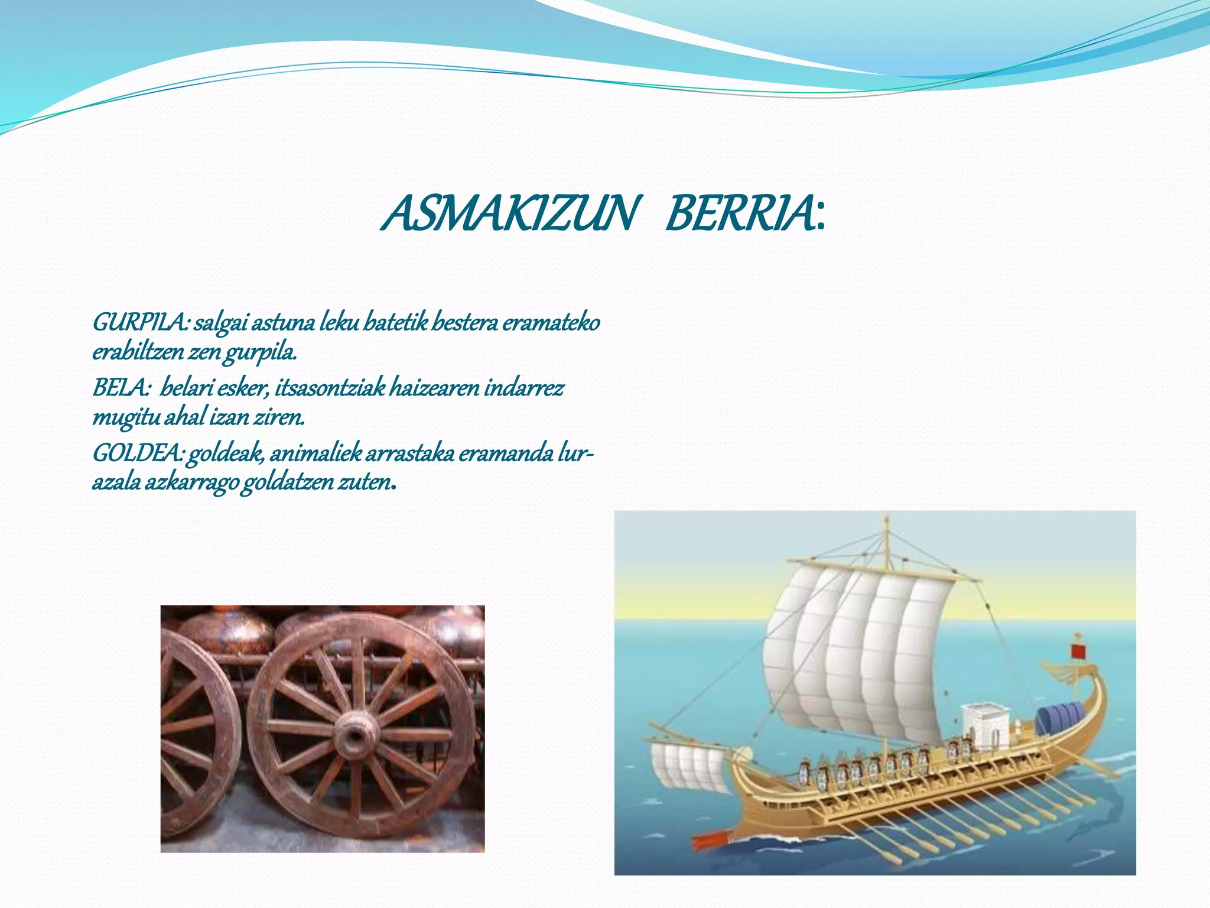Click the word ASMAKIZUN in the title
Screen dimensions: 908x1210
509,214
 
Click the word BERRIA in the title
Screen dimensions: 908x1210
739,214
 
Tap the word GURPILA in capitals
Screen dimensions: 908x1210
139,323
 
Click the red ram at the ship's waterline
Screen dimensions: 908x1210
712,840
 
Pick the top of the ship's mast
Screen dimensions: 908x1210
886,520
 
